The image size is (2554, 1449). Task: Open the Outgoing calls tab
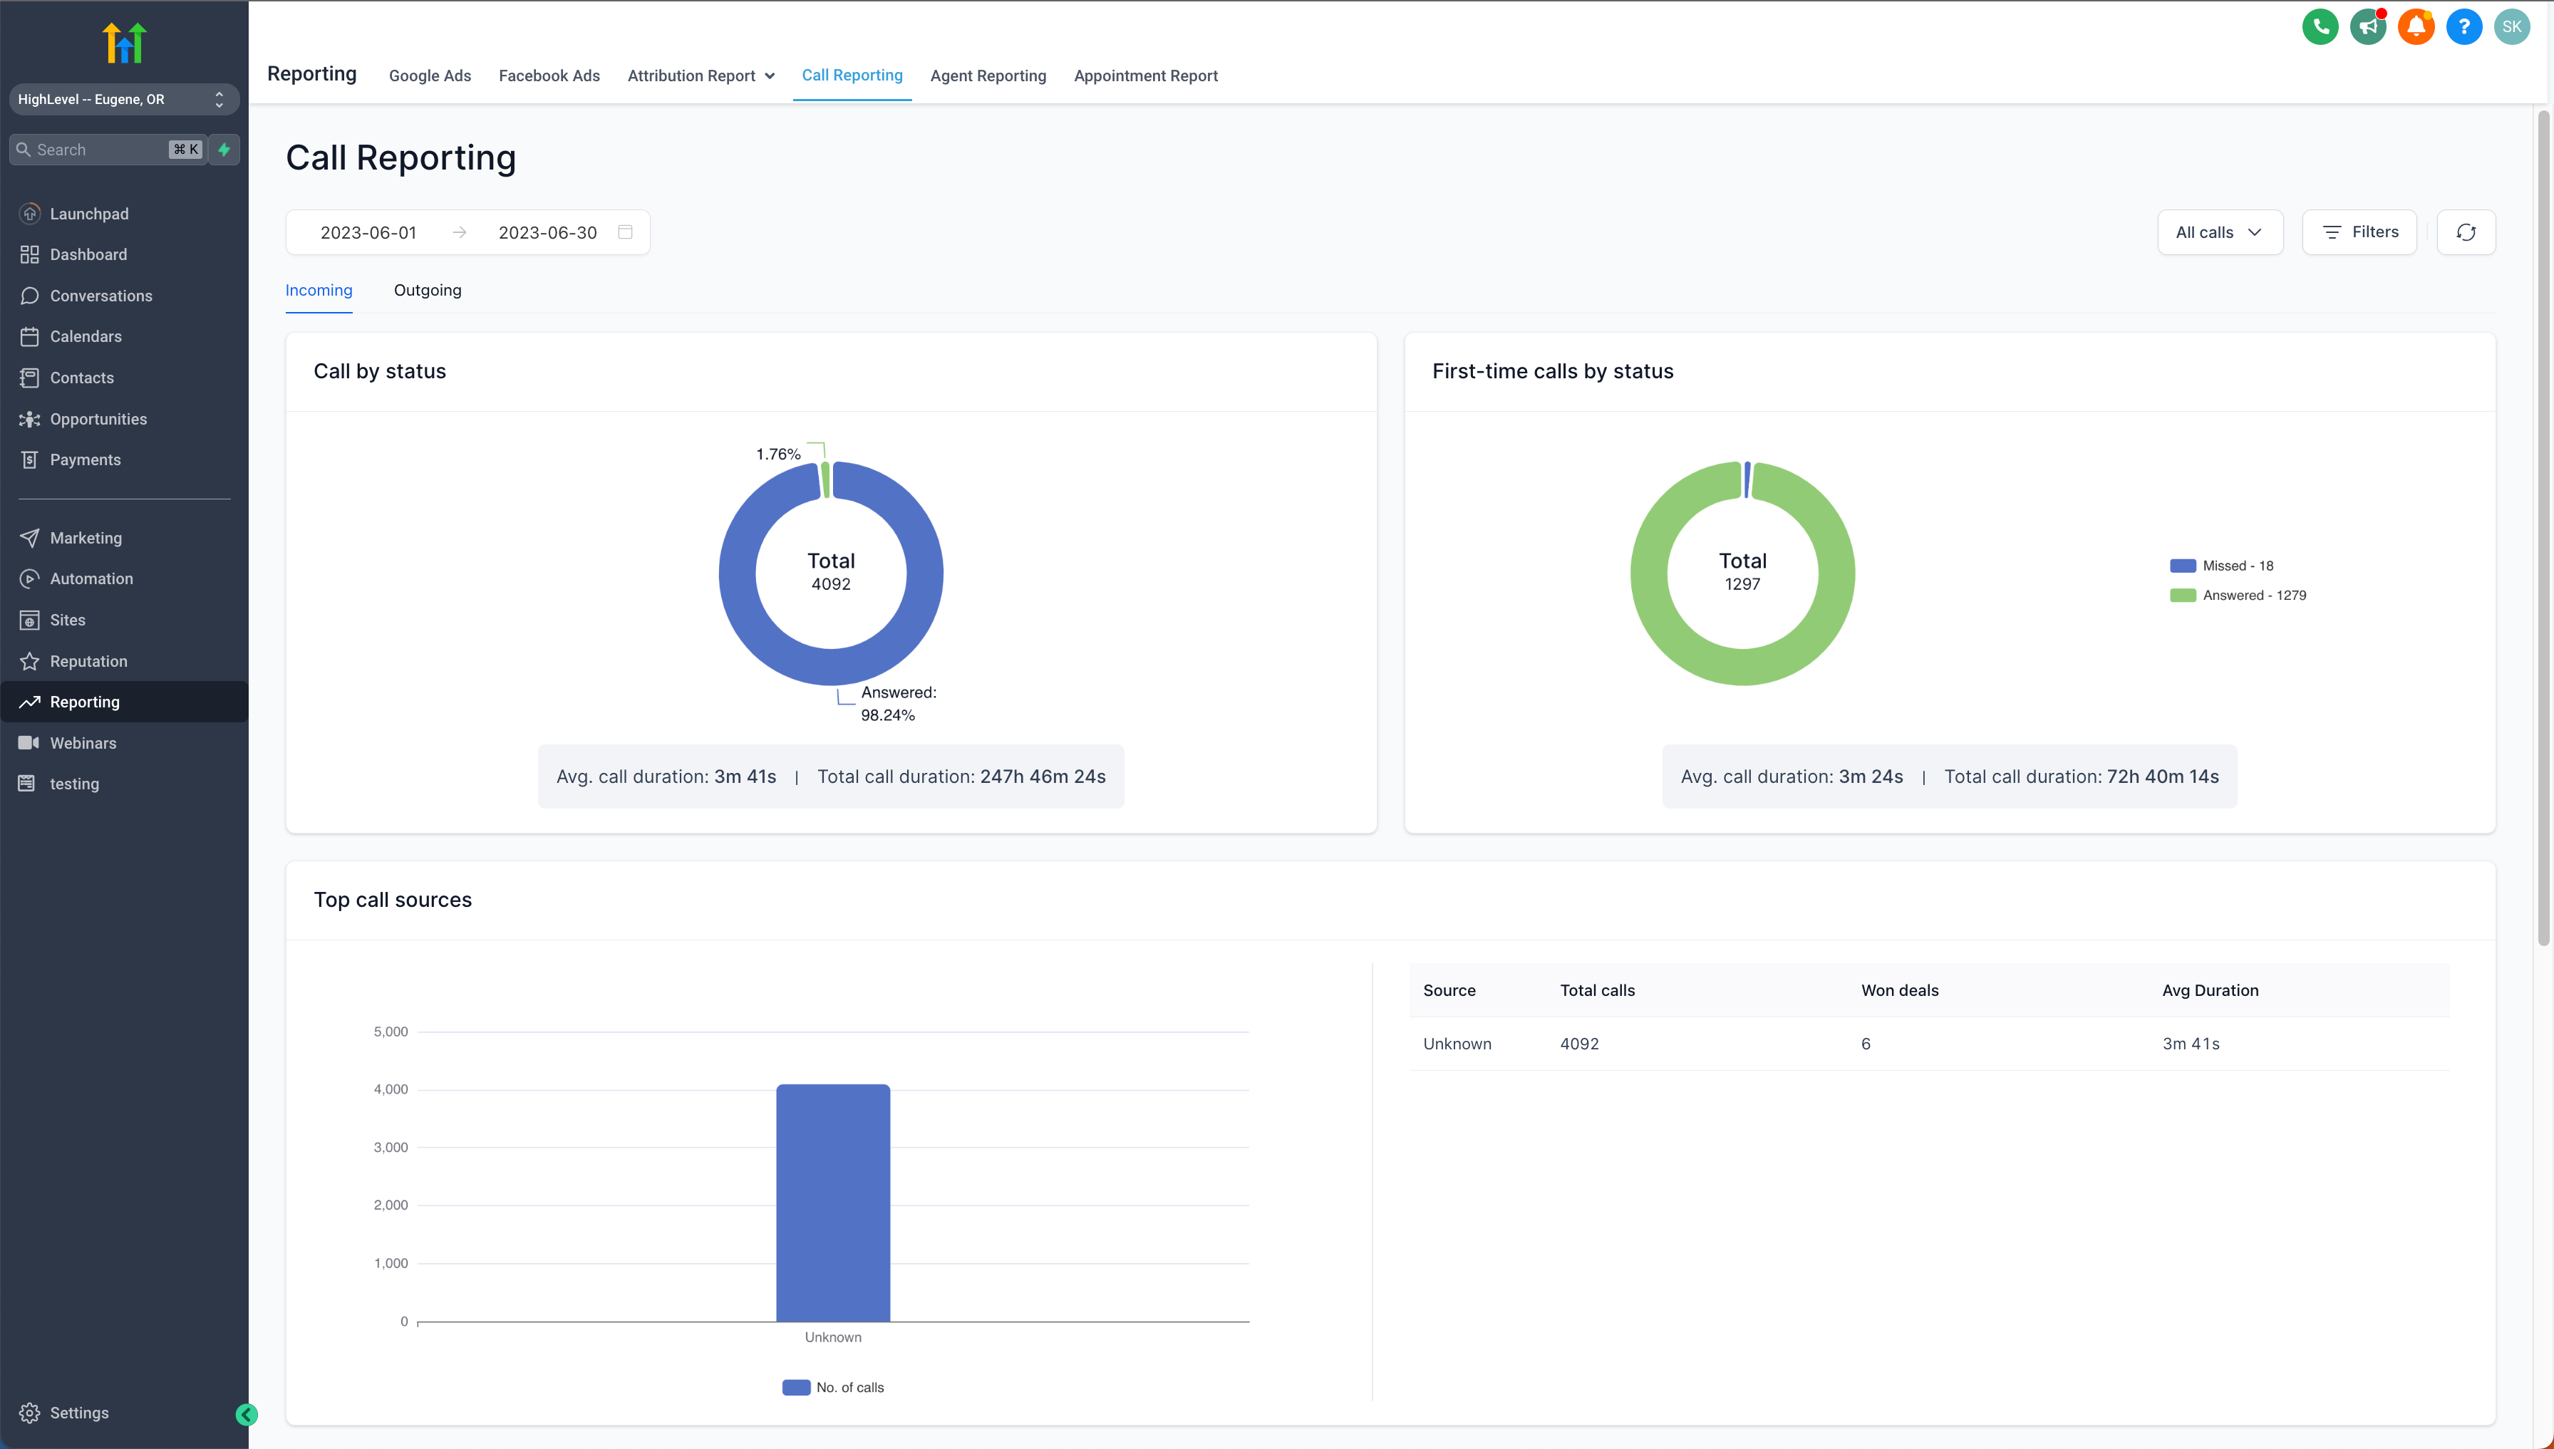427,291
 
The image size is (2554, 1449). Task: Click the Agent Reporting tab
988,76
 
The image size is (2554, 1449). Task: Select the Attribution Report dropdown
700,76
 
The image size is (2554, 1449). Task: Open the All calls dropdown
2218,232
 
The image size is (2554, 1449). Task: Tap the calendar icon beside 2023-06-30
625,232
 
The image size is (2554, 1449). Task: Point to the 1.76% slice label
777,454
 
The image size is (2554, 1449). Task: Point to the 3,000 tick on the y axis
391,1148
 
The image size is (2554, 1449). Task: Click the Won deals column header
1899,990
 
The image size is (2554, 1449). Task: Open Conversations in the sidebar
100,296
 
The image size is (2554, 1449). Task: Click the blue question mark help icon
2463,27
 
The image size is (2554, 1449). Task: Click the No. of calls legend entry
834,1387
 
